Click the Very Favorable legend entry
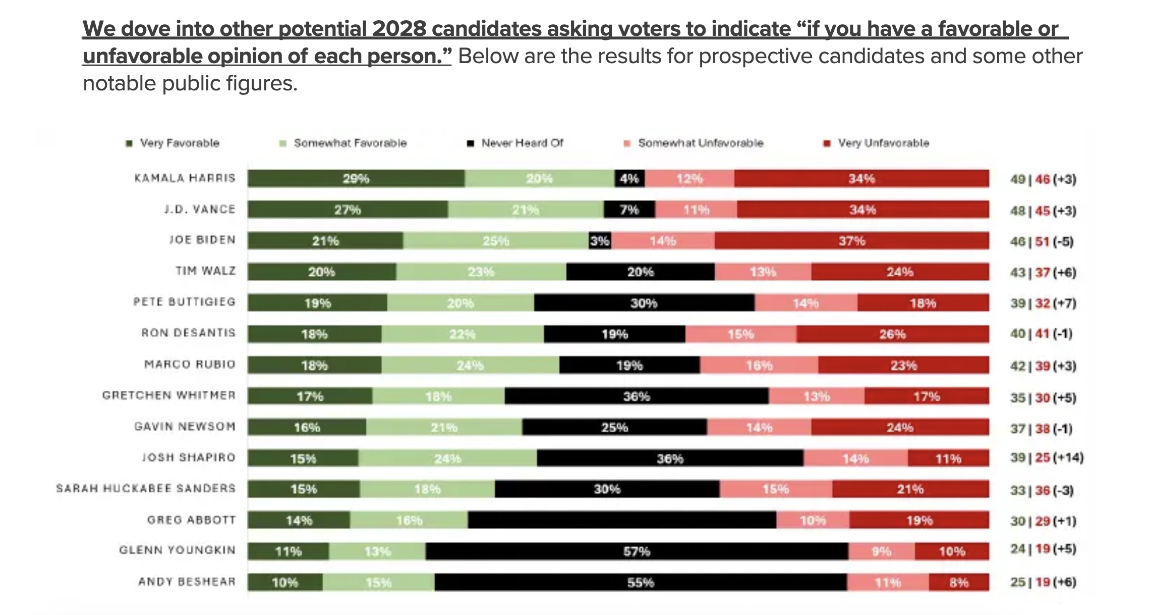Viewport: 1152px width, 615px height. [x=174, y=143]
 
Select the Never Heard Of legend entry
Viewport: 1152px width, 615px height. [x=516, y=143]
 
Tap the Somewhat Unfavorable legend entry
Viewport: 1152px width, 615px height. [x=695, y=143]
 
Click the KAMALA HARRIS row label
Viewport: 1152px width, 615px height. [x=185, y=178]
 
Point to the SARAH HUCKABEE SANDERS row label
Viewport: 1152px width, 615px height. [x=146, y=489]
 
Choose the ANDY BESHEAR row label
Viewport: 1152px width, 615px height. [x=187, y=582]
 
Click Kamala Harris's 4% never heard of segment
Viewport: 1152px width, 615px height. [x=629, y=179]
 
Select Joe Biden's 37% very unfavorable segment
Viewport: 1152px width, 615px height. [x=851, y=241]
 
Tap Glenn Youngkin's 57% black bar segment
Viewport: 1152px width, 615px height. [x=637, y=551]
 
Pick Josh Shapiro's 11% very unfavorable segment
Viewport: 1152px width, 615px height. [x=948, y=458]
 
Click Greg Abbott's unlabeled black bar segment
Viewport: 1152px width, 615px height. [x=621, y=520]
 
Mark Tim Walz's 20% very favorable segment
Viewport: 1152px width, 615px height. [x=321, y=272]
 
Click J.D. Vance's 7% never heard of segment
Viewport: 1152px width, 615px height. [x=629, y=210]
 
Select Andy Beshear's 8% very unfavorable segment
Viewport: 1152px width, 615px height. [x=958, y=583]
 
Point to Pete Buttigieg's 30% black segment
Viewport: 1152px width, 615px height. [x=644, y=303]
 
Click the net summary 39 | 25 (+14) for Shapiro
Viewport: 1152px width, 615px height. [x=1047, y=458]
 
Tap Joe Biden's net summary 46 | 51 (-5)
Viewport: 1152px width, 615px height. [x=1042, y=241]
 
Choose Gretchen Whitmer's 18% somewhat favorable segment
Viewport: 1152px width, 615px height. [x=438, y=396]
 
